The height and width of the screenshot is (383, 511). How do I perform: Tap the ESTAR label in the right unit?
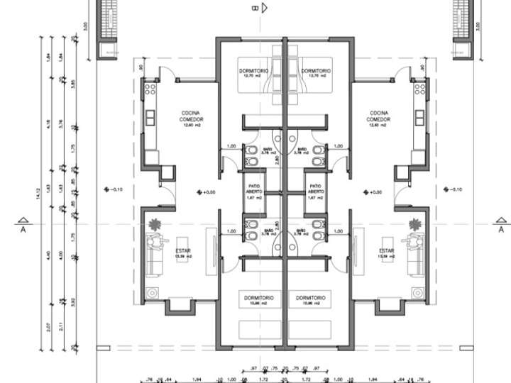(385, 253)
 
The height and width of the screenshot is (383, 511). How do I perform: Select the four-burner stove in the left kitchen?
(150, 89)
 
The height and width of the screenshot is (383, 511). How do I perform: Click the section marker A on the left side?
(23, 225)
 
